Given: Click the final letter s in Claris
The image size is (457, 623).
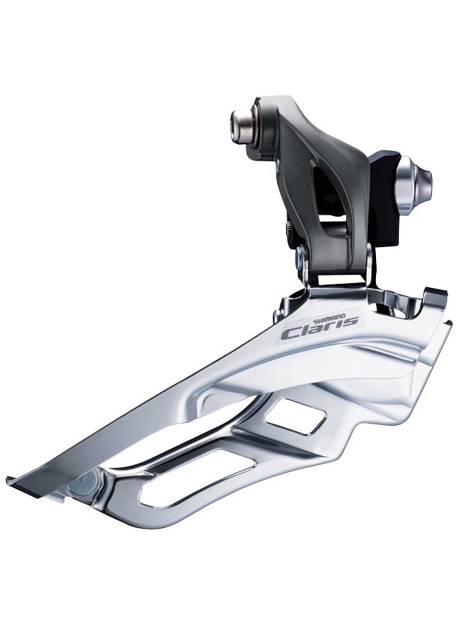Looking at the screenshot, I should pos(354,320).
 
